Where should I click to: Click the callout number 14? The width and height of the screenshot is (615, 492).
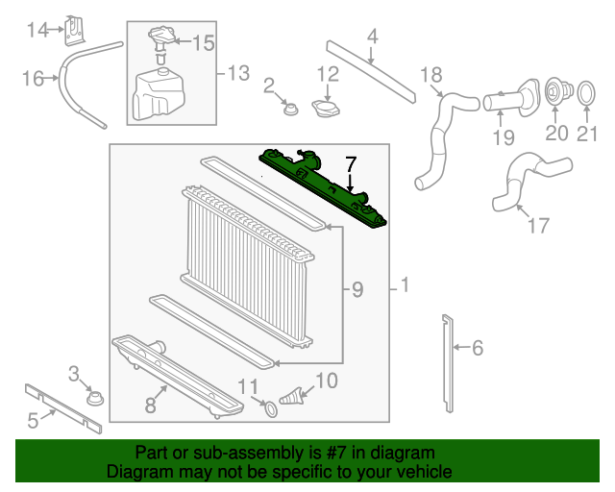tap(37, 31)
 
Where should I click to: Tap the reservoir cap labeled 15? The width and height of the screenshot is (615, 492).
tap(159, 41)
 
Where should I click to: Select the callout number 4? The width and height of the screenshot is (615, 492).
tap(372, 37)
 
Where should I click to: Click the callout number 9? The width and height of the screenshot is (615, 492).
tap(357, 288)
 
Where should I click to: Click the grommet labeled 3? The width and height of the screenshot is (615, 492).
tap(94, 397)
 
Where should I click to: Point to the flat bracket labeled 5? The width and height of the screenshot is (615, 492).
tap(62, 404)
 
